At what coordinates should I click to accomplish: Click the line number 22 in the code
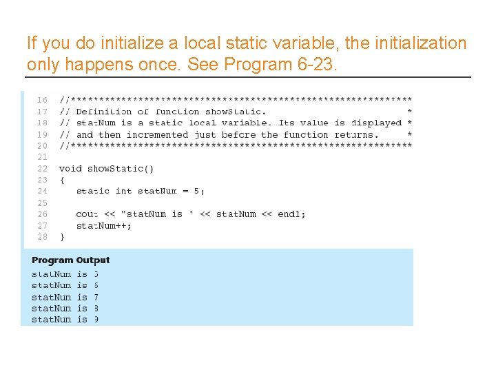tap(42, 169)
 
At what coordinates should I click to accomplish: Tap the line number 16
tap(42, 100)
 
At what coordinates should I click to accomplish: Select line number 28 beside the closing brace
tap(42, 237)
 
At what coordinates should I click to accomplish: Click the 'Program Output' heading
tap(70, 260)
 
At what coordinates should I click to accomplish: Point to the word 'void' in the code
tap(70, 169)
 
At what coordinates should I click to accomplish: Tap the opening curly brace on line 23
tap(62, 180)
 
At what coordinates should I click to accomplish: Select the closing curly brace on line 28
tap(62, 237)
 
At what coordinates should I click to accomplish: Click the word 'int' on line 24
tap(123, 192)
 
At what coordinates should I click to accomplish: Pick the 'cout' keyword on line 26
tap(87, 214)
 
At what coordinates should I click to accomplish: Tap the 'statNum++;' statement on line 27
tap(103, 226)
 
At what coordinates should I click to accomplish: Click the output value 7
tap(96, 297)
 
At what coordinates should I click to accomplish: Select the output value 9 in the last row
tap(96, 320)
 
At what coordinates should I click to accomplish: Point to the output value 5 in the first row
tap(96, 274)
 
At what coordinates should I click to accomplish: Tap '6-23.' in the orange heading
tap(317, 65)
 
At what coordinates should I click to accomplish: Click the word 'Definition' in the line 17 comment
tap(103, 112)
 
